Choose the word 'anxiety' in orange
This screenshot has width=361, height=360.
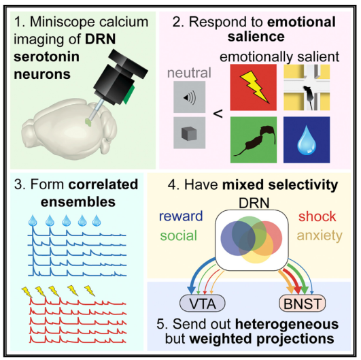(x=317, y=235)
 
